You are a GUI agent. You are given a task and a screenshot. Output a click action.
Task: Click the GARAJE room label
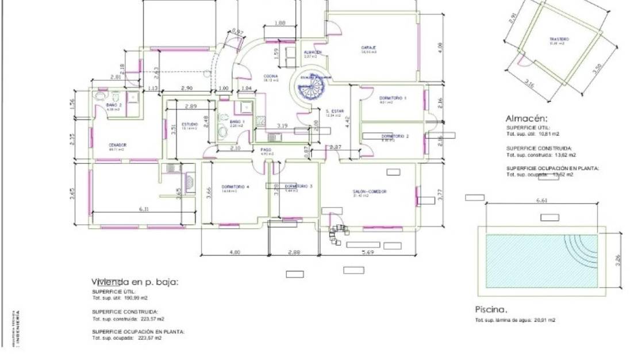pyautogui.click(x=368, y=47)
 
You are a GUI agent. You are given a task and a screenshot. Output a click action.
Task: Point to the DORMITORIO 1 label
pyautogui.click(x=393, y=98)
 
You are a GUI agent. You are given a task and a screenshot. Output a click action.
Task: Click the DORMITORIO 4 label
pyautogui.click(x=235, y=187)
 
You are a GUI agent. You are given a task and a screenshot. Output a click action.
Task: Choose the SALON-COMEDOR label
pyautogui.click(x=370, y=192)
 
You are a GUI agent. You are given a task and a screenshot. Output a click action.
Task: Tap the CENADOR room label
pyautogui.click(x=117, y=145)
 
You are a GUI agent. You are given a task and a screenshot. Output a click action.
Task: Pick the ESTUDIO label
pyautogui.click(x=190, y=124)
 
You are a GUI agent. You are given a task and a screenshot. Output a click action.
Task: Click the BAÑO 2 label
pyautogui.click(x=114, y=105)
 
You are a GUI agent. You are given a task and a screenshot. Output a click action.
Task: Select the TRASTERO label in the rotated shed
pyautogui.click(x=559, y=39)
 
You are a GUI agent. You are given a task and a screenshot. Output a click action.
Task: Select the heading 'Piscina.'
pyautogui.click(x=491, y=308)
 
